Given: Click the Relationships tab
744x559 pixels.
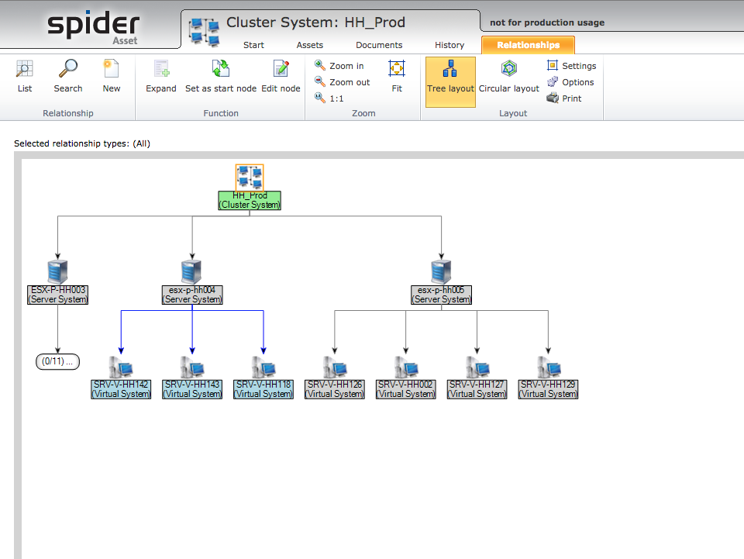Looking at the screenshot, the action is tap(528, 45).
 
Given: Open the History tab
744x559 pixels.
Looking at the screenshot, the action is tap(449, 45).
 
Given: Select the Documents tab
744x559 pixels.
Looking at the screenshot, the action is tap(379, 45).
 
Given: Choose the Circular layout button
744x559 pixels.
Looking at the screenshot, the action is tap(508, 77).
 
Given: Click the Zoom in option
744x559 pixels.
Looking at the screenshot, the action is tap(339, 66).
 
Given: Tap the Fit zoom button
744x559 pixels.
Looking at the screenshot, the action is tap(397, 77).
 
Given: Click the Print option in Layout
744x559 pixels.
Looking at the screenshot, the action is tap(564, 98).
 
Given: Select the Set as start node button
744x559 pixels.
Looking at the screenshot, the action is tap(221, 77).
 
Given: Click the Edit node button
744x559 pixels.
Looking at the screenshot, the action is tap(281, 77).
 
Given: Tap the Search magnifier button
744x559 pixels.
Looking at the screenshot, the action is tap(68, 77).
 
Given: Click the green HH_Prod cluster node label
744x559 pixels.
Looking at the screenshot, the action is tap(250, 200).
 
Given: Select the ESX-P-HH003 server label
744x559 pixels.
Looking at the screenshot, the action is tap(58, 295).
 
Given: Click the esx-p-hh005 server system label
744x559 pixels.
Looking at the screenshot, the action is tap(441, 295).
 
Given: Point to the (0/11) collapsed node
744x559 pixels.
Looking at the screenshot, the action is tap(58, 361).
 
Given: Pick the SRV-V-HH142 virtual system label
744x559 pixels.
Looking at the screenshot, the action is tap(121, 389).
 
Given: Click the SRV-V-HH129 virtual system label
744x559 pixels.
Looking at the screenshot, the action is tap(548, 389).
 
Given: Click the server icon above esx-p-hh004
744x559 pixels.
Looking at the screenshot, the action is tap(191, 272).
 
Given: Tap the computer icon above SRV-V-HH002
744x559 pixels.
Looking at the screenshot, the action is tap(406, 367).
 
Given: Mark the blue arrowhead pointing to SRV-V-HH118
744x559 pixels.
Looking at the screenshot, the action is tap(263, 350).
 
